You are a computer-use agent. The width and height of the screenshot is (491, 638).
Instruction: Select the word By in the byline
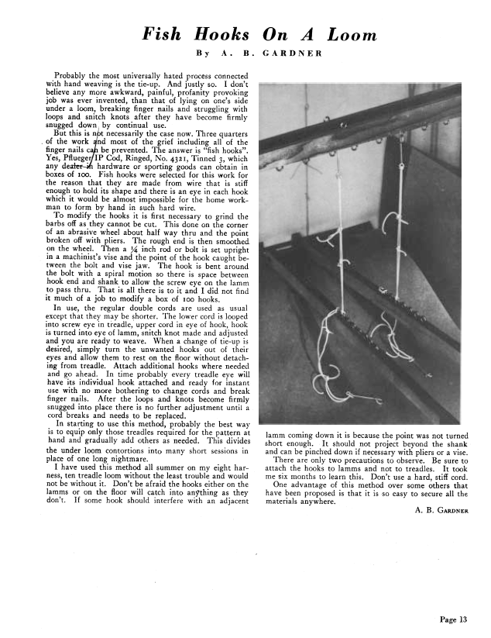(x=204, y=54)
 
